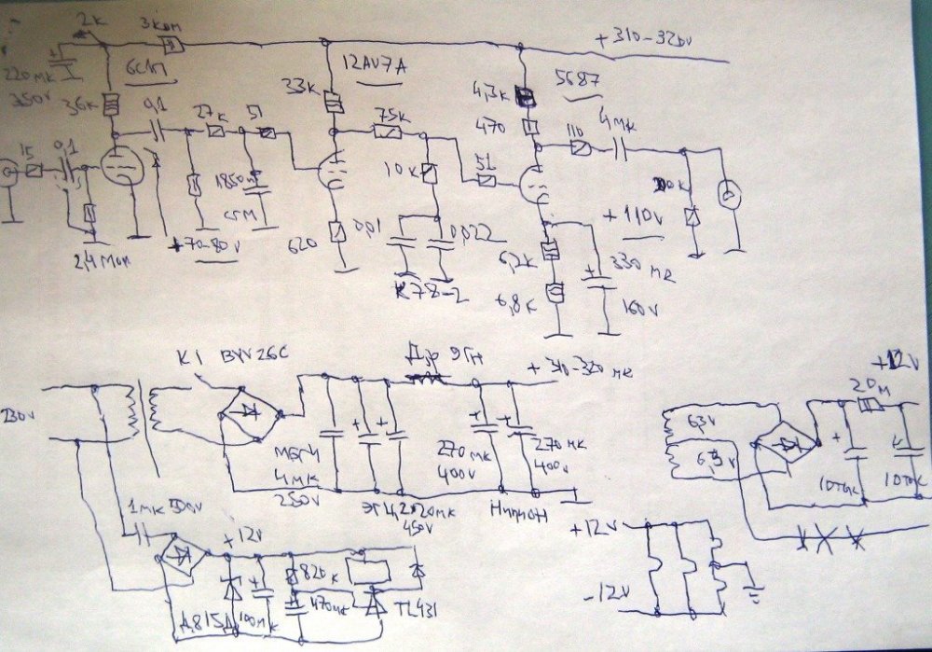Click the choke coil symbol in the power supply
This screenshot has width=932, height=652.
tap(424, 378)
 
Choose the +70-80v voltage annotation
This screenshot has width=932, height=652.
tap(207, 248)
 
